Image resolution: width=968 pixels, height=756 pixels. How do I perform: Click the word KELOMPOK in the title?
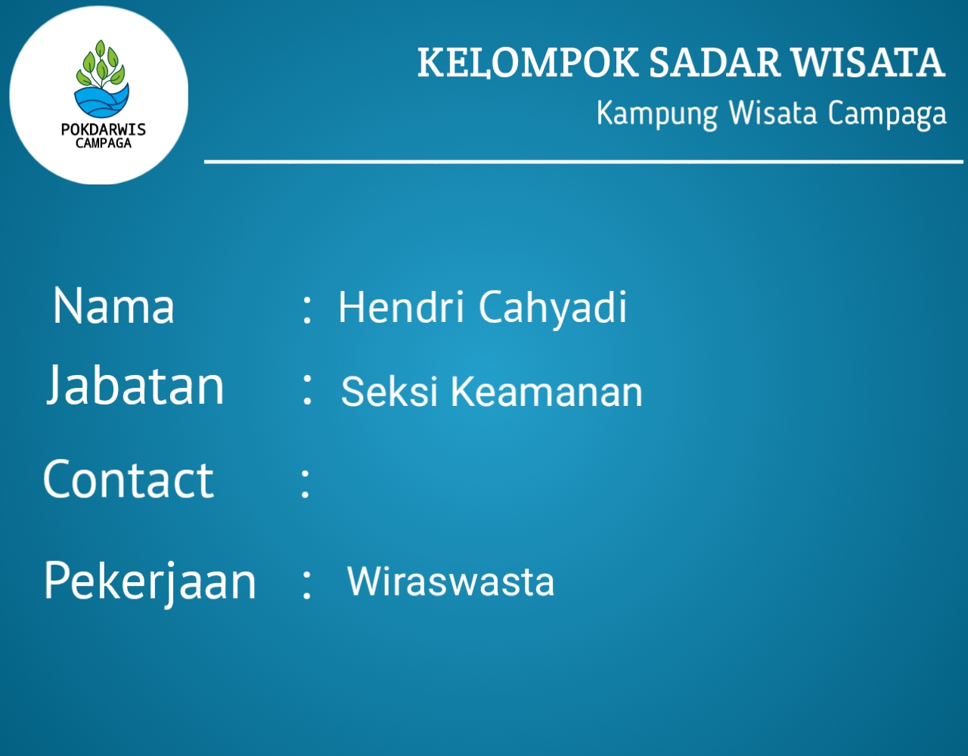tap(528, 63)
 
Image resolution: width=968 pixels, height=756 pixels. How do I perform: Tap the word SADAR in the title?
tap(714, 62)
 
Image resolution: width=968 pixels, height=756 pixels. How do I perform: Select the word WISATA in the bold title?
tap(867, 62)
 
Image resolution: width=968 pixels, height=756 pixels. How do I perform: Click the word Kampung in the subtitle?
tap(657, 114)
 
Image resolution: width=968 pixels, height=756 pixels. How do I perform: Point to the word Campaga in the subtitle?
tap(887, 114)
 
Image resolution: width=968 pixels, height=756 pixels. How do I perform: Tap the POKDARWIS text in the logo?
tap(104, 129)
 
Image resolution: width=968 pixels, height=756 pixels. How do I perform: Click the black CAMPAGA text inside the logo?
tap(104, 143)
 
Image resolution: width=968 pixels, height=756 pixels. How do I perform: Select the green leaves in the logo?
tap(101, 64)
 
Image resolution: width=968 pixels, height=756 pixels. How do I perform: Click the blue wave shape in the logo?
tap(101, 101)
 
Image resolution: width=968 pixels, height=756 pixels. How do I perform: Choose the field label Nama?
tap(113, 305)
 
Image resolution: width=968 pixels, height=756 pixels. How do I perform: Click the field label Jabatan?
tap(135, 385)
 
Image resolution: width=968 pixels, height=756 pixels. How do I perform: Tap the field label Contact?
tap(129, 479)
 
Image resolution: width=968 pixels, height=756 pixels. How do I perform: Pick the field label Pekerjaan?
tap(150, 581)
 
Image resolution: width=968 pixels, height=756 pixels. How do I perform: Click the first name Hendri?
tap(402, 307)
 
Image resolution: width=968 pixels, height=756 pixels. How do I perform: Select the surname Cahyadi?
tap(553, 308)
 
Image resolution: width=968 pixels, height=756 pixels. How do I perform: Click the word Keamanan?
tap(547, 392)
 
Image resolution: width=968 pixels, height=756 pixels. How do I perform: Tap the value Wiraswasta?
tap(451, 581)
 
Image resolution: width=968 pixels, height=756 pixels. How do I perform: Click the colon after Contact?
tap(305, 483)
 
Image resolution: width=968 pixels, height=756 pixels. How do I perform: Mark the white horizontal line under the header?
tap(584, 162)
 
